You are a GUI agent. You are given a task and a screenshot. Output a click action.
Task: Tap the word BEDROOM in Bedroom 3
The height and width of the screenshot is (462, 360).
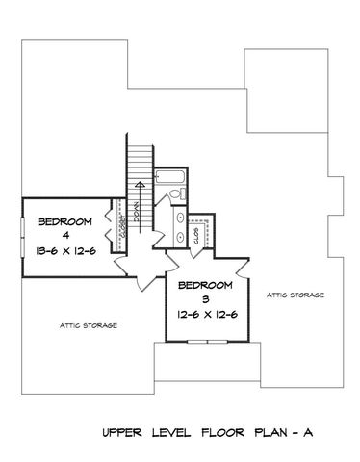(206, 286)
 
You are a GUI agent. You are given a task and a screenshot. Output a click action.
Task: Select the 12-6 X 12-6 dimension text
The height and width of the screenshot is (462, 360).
(206, 315)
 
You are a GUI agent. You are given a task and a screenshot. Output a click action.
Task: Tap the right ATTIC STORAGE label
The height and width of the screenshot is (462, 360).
(296, 295)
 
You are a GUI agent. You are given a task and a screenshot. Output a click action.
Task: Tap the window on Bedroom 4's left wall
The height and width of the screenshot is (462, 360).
(21, 239)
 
